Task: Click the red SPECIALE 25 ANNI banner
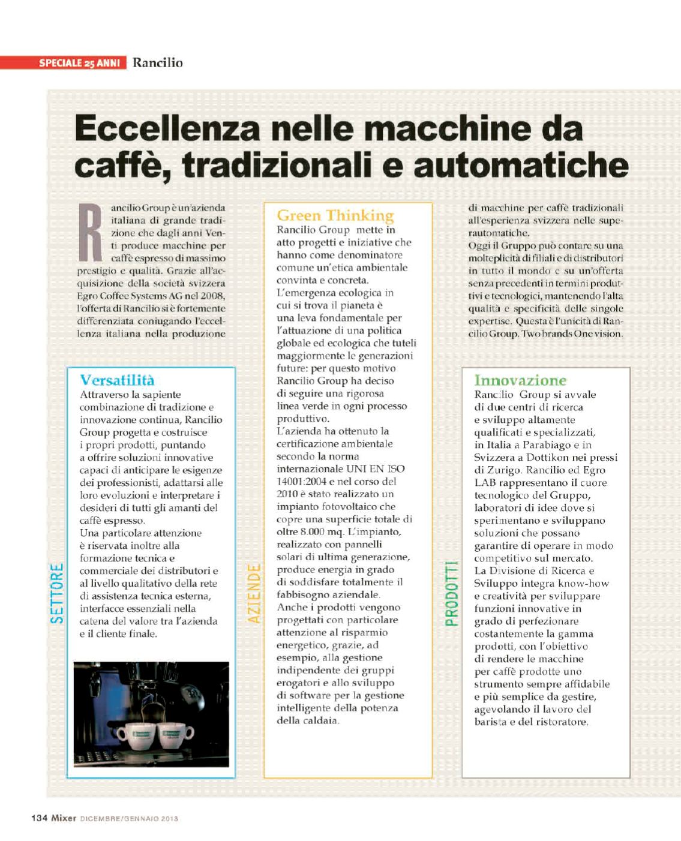point(63,62)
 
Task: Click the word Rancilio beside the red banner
point(157,62)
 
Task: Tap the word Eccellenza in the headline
point(168,128)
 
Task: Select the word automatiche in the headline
point(521,164)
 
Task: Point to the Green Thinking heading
point(335,215)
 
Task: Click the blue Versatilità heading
point(117,380)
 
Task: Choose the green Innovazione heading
point(520,380)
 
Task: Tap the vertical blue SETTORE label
point(58,593)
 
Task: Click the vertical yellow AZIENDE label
point(254,593)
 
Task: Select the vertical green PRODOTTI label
point(451,593)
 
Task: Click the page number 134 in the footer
point(39,818)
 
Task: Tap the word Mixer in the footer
point(64,818)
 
